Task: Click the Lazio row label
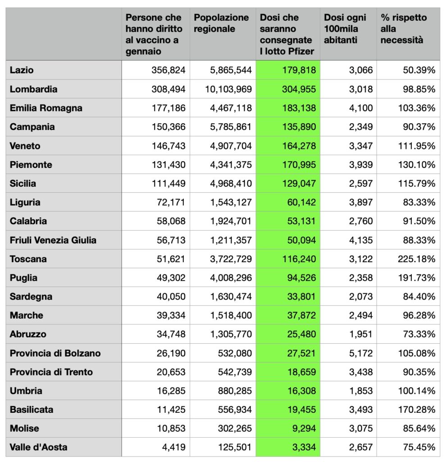[x=22, y=70]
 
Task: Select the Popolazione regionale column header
[x=221, y=23]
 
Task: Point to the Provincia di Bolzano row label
[x=55, y=353]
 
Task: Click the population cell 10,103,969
[x=228, y=89]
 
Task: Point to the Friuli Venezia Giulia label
[x=53, y=240]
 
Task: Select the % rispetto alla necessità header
[x=404, y=29]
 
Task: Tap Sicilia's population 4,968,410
[x=231, y=184]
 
